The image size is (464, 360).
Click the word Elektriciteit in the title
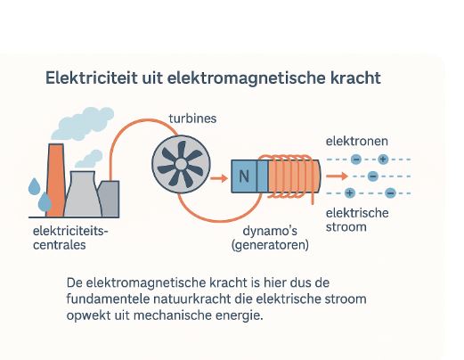click(x=92, y=78)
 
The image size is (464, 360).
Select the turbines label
click(x=192, y=119)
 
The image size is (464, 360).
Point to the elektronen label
click(x=357, y=141)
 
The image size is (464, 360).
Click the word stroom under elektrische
click(x=346, y=227)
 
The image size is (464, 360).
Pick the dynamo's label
click(x=270, y=231)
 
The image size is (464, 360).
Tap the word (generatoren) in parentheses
click(x=270, y=245)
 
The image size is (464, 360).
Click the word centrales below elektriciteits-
click(x=60, y=245)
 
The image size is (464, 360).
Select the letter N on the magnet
click(x=244, y=176)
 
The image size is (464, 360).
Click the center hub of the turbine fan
click(x=181, y=164)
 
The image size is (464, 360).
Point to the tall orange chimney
click(x=55, y=180)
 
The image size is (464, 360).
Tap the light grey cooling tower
click(x=83, y=193)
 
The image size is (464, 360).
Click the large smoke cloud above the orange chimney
click(x=83, y=124)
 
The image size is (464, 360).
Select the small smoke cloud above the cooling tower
click(x=89, y=159)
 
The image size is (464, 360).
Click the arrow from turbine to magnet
click(x=219, y=178)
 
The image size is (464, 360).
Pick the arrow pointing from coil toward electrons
click(x=337, y=176)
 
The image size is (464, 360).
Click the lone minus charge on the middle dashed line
click(x=373, y=176)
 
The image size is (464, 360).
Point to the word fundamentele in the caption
click(x=108, y=299)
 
